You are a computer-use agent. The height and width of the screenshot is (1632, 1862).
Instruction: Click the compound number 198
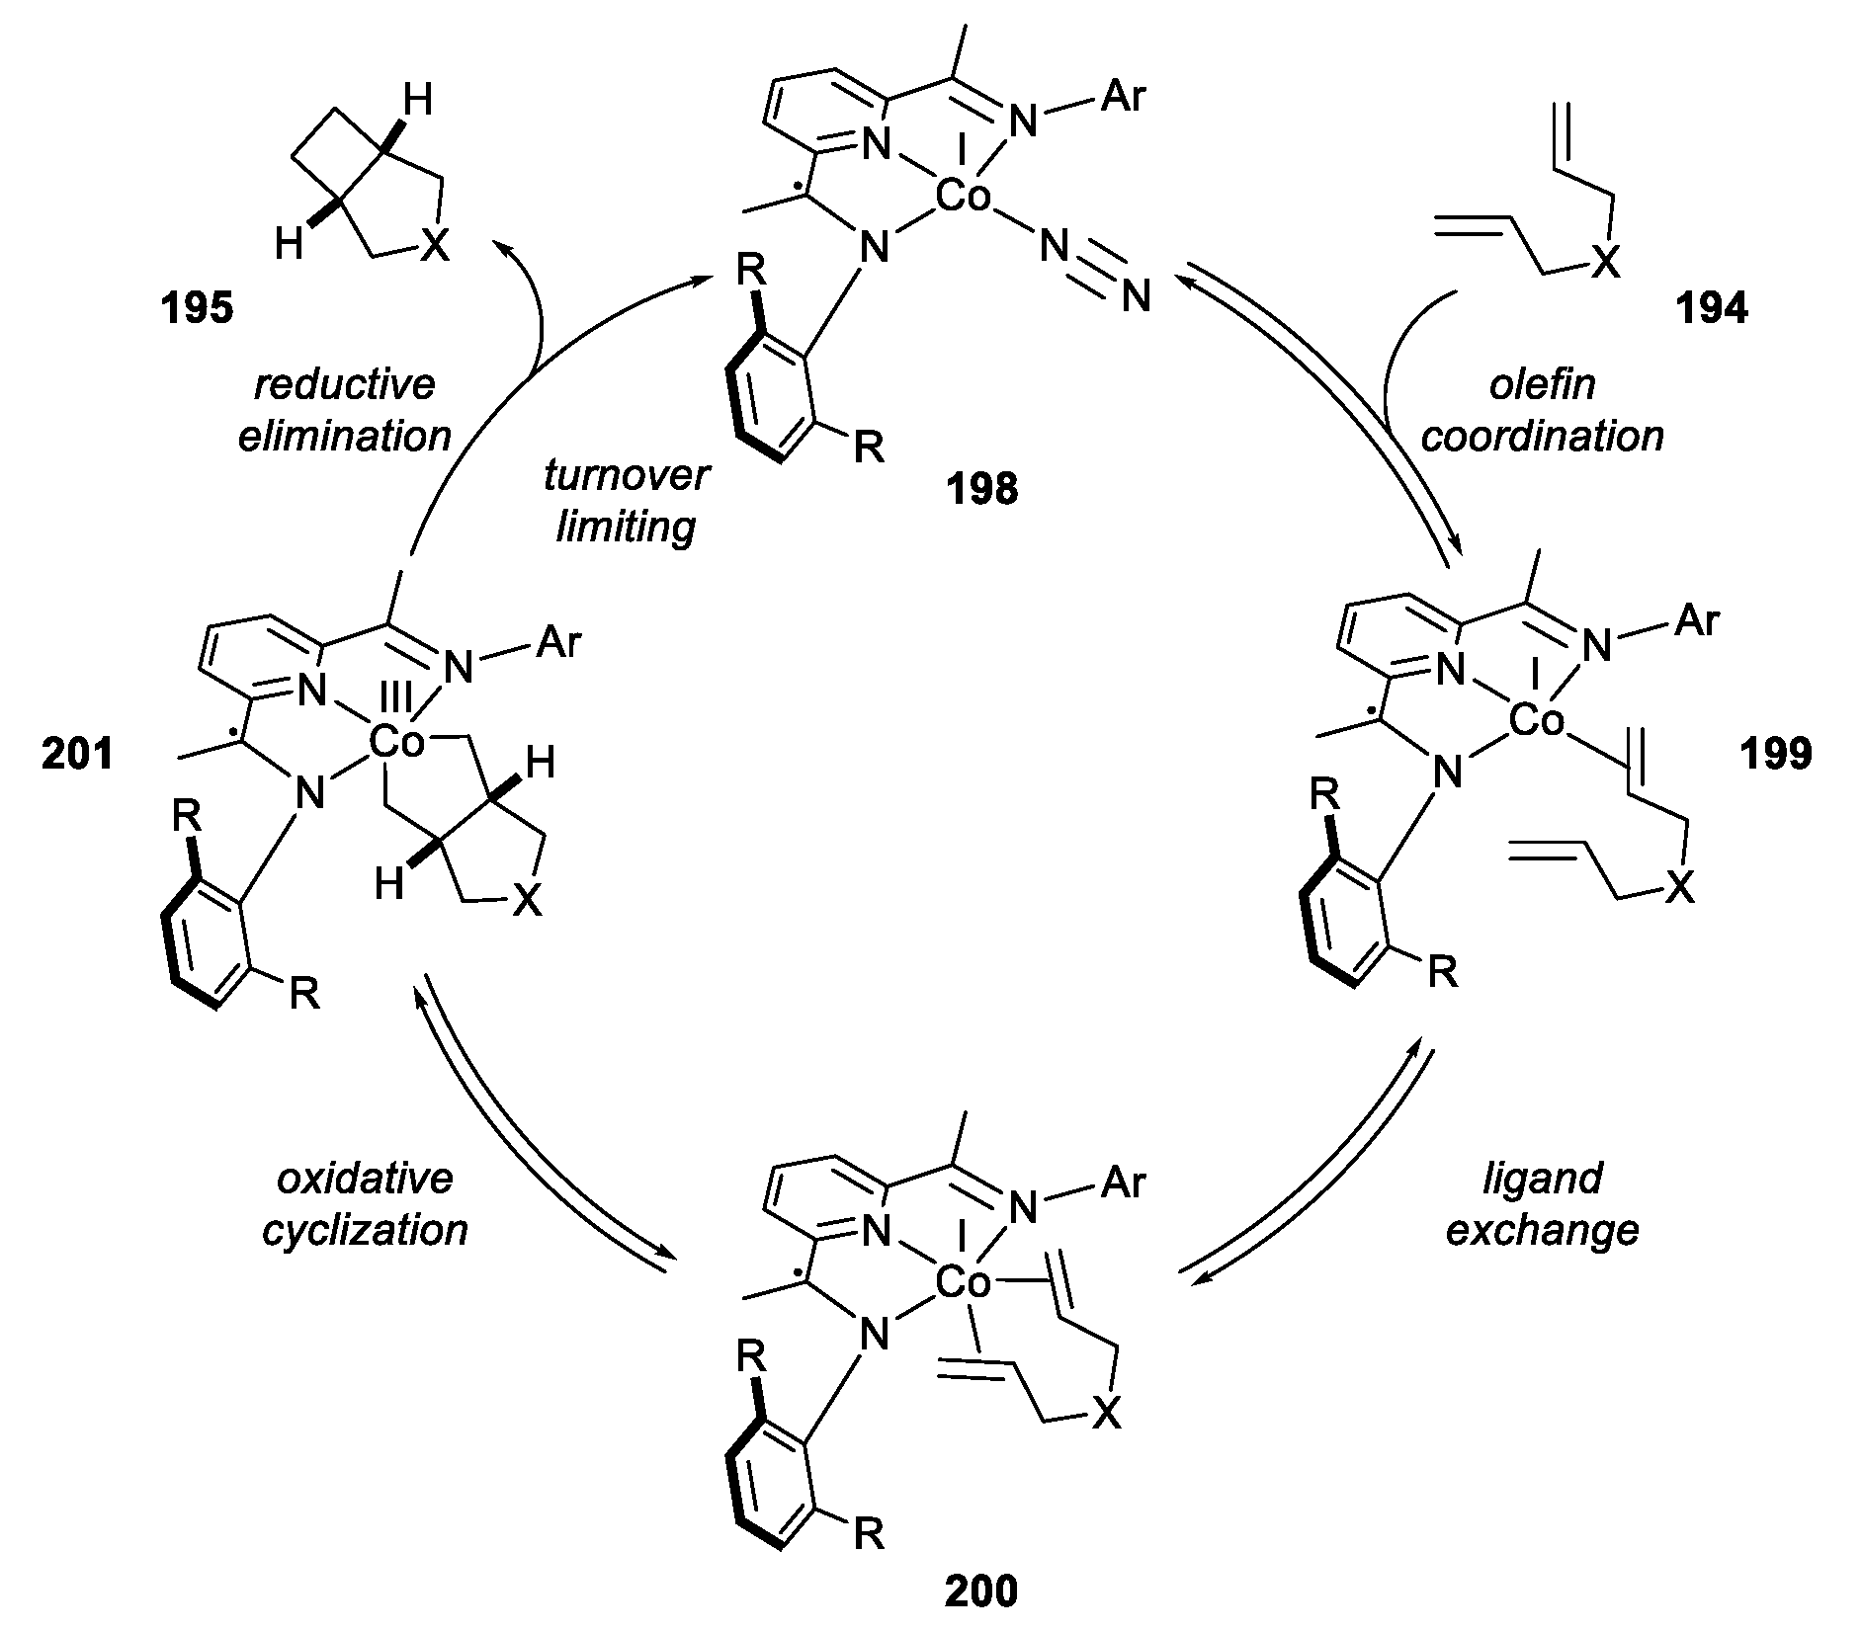tap(982, 488)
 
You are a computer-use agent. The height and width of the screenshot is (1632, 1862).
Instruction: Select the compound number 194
tap(1711, 309)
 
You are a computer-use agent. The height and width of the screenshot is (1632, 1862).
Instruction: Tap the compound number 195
tap(197, 309)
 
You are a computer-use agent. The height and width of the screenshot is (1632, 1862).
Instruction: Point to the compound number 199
tap(1776, 754)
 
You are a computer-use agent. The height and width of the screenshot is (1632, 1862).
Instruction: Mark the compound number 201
tap(77, 754)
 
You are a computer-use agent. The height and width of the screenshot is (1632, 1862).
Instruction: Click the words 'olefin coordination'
tap(1542, 410)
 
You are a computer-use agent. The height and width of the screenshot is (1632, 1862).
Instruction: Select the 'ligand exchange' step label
tap(1542, 1204)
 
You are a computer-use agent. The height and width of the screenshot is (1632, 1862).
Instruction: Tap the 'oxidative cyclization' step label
tap(365, 1204)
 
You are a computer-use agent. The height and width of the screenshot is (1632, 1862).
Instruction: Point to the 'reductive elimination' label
tap(345, 410)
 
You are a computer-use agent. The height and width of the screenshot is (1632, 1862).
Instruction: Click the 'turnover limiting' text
tap(626, 501)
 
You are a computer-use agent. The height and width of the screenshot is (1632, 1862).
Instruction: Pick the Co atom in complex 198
tap(963, 198)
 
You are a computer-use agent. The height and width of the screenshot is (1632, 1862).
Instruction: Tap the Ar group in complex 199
tap(1697, 621)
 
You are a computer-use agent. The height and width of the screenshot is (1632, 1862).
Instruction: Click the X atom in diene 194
tap(1607, 263)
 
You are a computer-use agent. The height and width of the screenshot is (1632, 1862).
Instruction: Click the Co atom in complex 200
tap(963, 1283)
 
